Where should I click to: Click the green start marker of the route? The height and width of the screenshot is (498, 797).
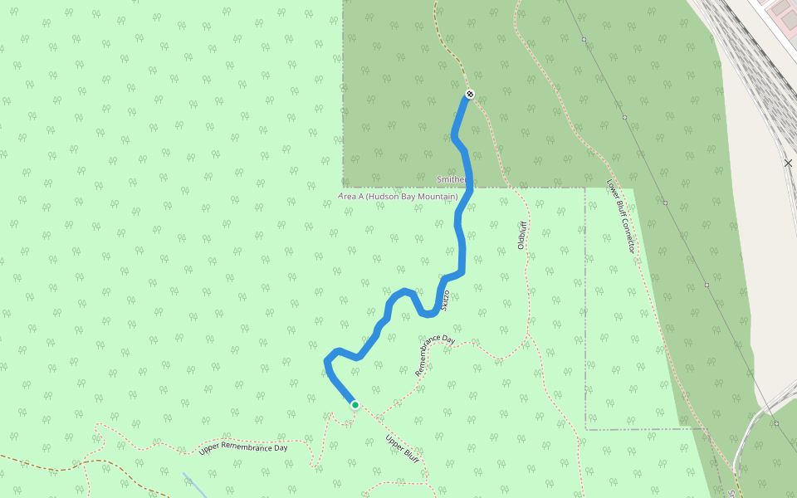pyautogui.click(x=355, y=404)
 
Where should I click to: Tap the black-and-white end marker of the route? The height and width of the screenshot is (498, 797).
pyautogui.click(x=470, y=94)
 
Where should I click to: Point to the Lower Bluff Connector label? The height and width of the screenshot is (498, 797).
pyautogui.click(x=621, y=217)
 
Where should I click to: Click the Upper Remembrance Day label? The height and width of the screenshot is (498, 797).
pyautogui.click(x=243, y=448)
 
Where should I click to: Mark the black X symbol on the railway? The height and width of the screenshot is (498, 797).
pyautogui.click(x=788, y=164)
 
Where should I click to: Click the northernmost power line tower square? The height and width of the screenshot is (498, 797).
pyautogui.click(x=584, y=39)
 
